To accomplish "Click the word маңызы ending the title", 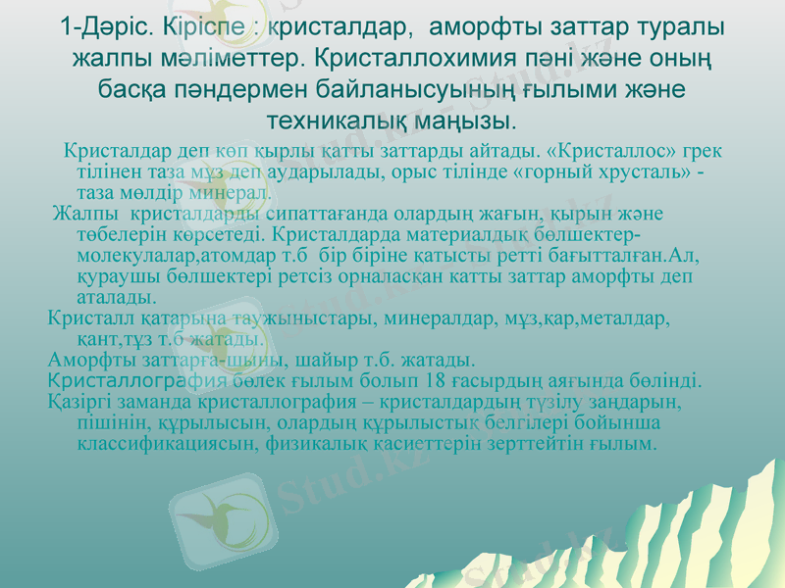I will pos(472,122).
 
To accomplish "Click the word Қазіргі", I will pos(84,402).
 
